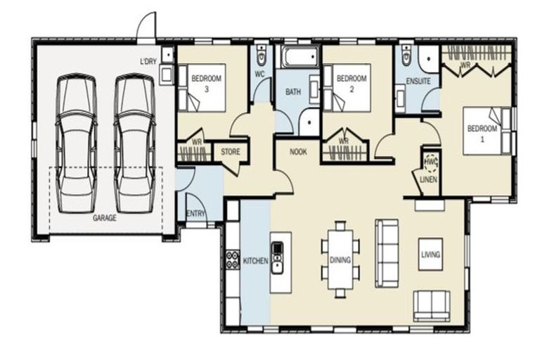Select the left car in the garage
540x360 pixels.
(x=76, y=143)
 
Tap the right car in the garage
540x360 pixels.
(x=134, y=143)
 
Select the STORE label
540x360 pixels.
(x=231, y=151)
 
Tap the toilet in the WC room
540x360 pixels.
(x=262, y=54)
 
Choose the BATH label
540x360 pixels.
(x=293, y=92)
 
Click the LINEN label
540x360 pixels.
(x=429, y=179)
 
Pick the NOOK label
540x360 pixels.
(x=298, y=151)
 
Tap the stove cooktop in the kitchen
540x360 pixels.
(x=232, y=261)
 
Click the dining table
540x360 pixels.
(x=340, y=259)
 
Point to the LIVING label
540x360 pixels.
(x=430, y=255)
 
